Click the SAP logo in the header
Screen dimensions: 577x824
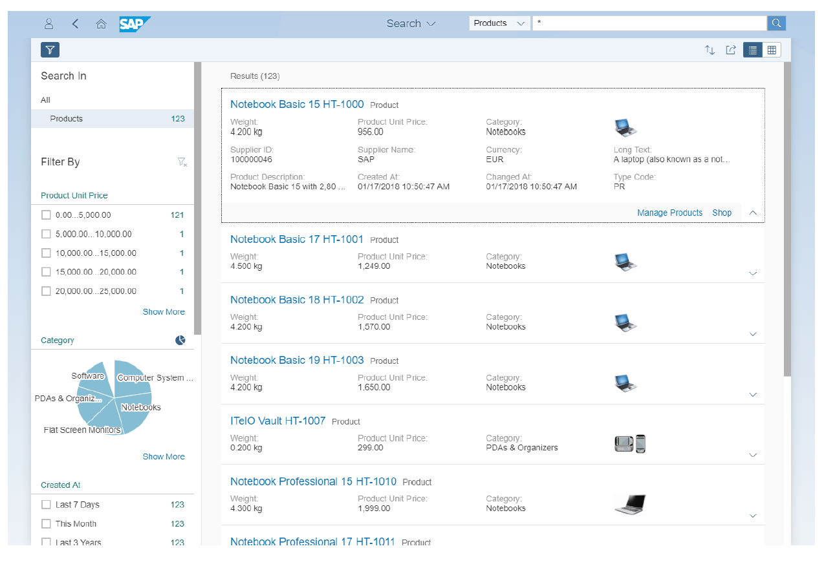coord(135,24)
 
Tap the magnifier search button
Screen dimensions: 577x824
coord(776,23)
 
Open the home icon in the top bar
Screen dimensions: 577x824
coord(101,24)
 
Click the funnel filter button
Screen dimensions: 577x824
coord(50,50)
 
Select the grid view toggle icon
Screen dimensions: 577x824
coord(772,50)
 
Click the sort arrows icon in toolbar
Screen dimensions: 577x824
coord(710,50)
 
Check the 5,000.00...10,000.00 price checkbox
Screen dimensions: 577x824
coord(46,234)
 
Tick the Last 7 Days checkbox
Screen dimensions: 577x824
coord(46,505)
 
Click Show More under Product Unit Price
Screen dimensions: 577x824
coord(164,311)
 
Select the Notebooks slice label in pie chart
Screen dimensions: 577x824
coord(141,407)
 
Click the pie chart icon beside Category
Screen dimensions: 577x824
coord(180,340)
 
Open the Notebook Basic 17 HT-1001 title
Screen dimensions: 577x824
coord(297,239)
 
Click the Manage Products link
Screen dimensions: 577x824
coord(669,213)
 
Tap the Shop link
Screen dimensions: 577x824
coord(722,213)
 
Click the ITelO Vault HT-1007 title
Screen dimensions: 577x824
coord(277,421)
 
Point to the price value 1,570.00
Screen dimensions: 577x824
coord(374,327)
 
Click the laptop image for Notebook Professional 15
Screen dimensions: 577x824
coord(629,504)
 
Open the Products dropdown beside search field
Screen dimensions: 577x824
coord(499,23)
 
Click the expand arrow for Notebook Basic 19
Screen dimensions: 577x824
coord(752,395)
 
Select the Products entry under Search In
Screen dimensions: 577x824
coord(67,119)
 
